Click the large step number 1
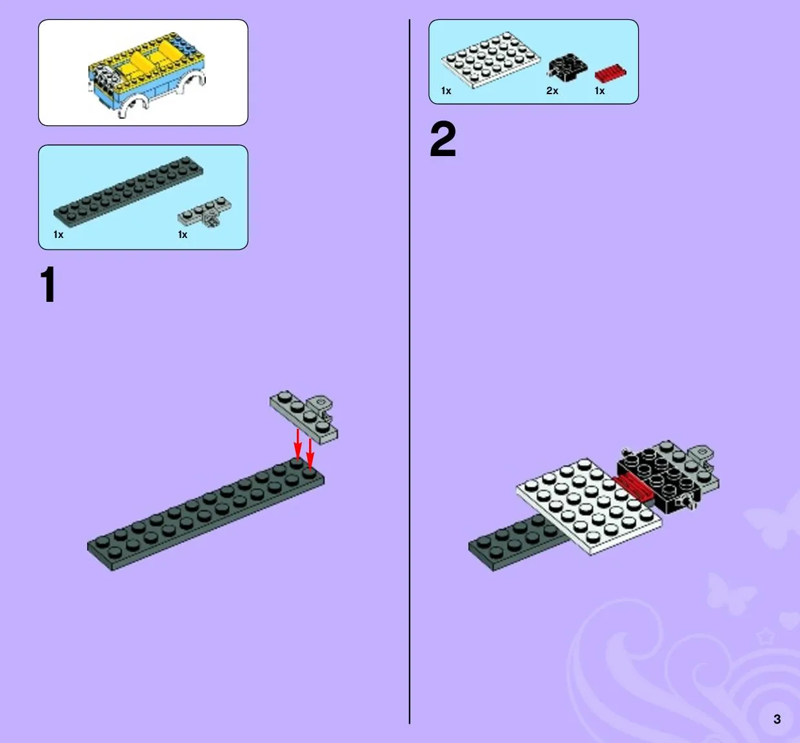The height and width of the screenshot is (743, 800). click(x=48, y=284)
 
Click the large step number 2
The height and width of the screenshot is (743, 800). click(x=443, y=139)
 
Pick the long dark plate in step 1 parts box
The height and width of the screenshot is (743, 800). click(x=128, y=192)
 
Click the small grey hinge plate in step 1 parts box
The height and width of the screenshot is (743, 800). click(x=205, y=212)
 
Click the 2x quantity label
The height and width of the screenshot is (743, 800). click(x=552, y=91)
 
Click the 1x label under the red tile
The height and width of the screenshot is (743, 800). click(x=599, y=91)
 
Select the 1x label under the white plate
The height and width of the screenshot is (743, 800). click(x=446, y=91)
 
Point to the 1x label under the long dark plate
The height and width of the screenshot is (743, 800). click(x=59, y=235)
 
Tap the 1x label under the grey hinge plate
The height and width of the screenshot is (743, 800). click(x=183, y=235)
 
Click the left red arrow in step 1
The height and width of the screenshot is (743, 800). click(x=297, y=444)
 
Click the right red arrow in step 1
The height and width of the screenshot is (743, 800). click(x=310, y=454)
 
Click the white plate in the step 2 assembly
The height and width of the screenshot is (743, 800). click(x=589, y=506)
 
